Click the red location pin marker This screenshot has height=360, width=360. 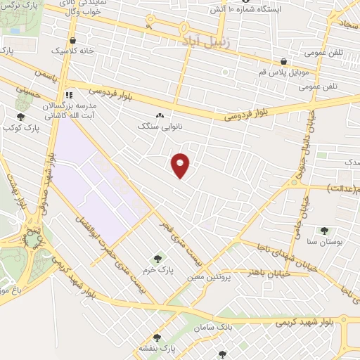pos(181,165)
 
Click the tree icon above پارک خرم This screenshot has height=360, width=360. pos(157,259)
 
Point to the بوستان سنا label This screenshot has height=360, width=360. pos(325,240)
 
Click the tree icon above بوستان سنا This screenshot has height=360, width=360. pos(324,230)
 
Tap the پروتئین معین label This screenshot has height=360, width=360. pos(209,277)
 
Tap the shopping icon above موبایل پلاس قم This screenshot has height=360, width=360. pos(283,61)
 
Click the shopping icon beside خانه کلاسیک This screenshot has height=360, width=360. pos(73,40)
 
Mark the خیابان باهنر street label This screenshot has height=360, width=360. pos(259,271)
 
